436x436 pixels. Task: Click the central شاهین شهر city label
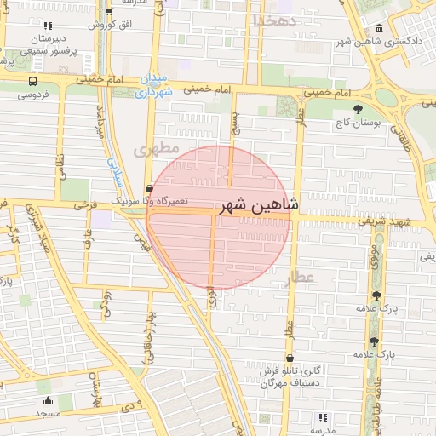coord(260,205)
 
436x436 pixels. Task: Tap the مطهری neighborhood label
coord(157,150)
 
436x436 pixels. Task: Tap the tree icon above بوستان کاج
coord(358,109)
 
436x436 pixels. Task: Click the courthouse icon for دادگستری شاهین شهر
coord(378,28)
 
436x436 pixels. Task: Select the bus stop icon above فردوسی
coord(32,82)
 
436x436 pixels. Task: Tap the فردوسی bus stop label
coord(32,95)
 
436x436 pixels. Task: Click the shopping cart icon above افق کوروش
coord(109,13)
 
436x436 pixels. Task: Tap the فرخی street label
coord(83,205)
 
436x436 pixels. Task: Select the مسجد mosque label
coord(47,414)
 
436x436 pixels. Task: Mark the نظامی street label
coord(60,161)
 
